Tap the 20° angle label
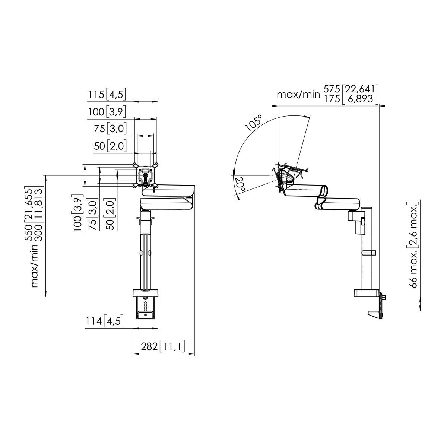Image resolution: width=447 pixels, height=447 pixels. [239, 184]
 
